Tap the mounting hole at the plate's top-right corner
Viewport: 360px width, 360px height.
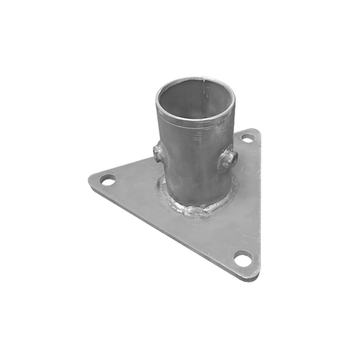click(x=247, y=139)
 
